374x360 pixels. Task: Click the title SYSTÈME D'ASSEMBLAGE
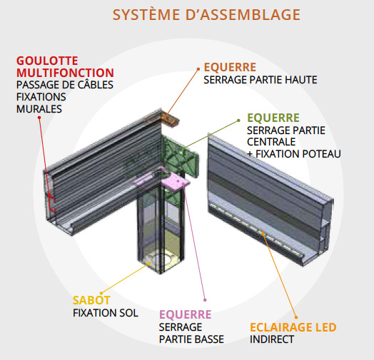pos(206,14)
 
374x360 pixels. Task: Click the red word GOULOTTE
pos(47,61)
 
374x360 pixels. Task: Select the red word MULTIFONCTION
pos(65,73)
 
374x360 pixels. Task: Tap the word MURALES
pos(39,109)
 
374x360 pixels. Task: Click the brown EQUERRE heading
pos(230,68)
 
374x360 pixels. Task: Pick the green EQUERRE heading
pos(273,118)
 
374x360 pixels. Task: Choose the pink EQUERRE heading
pos(186,314)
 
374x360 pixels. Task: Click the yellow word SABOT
pos(91,300)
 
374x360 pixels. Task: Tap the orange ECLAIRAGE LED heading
pos(293,327)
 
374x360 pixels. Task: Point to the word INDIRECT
pos(272,339)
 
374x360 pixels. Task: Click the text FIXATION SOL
pos(106,313)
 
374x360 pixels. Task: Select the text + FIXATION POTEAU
pos(294,154)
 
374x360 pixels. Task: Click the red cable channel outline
pos(53,203)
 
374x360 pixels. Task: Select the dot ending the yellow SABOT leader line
pos(101,293)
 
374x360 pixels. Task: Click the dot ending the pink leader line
pos(205,300)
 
